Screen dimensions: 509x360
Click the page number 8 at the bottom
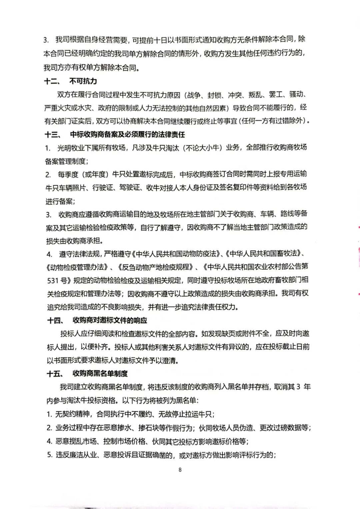[180, 470]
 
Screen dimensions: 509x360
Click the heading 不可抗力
[83, 81]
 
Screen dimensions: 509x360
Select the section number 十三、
[53, 135]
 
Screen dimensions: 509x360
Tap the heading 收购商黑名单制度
[100, 373]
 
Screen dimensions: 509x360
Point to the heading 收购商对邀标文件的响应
[110, 320]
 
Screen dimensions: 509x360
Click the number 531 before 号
[53, 280]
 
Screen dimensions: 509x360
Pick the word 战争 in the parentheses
[195, 95]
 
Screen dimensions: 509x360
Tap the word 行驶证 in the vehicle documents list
[103, 188]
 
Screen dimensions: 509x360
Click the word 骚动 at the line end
[297, 95]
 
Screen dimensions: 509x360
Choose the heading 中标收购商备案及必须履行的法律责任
[127, 135]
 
